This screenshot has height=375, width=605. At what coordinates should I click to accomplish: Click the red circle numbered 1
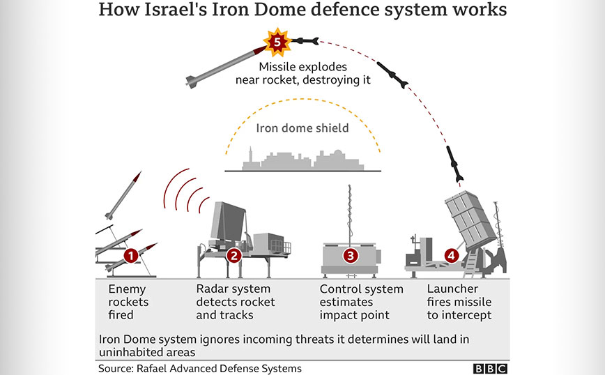click(x=130, y=256)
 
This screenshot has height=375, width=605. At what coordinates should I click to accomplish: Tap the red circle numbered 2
click(x=234, y=256)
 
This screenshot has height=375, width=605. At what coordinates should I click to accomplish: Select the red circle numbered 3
click(x=351, y=256)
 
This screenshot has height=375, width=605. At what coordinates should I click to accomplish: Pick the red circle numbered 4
click(x=452, y=256)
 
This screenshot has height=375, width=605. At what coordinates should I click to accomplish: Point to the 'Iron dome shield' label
click(x=302, y=128)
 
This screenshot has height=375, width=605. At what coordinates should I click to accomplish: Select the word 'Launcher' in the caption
click(x=452, y=289)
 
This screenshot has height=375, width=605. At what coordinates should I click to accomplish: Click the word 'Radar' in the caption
click(x=213, y=289)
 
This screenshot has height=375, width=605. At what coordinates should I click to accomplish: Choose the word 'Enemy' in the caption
click(x=126, y=289)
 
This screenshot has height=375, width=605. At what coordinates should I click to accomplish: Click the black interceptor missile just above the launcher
click(x=455, y=162)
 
